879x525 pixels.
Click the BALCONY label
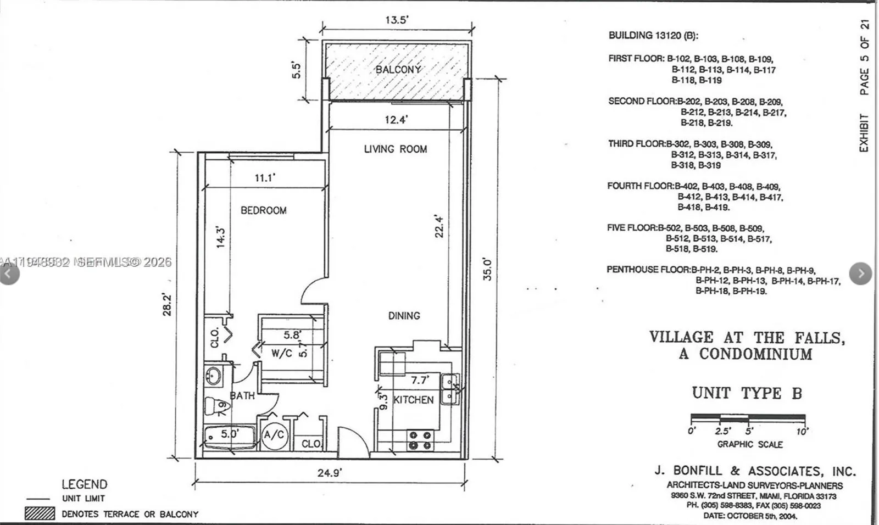(x=398, y=70)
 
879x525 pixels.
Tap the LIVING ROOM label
(x=395, y=149)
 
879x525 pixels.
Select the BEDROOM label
(x=263, y=210)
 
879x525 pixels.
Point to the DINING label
(x=404, y=316)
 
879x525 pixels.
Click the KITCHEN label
(x=414, y=400)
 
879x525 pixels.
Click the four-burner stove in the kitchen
(x=420, y=439)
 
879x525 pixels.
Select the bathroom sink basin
(x=213, y=376)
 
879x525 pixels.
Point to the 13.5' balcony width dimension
(x=396, y=20)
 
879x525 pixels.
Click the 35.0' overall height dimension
(x=487, y=269)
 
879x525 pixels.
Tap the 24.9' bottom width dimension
(x=330, y=473)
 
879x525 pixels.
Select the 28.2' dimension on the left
(x=167, y=305)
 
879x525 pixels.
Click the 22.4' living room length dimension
(x=439, y=226)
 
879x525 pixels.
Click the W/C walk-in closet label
(x=281, y=354)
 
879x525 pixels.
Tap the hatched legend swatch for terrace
(x=40, y=513)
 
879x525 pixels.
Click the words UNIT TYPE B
(x=747, y=393)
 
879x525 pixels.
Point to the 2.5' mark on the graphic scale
(x=722, y=431)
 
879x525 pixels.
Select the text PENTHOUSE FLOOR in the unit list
(x=648, y=270)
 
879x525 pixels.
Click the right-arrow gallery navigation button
(x=860, y=273)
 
